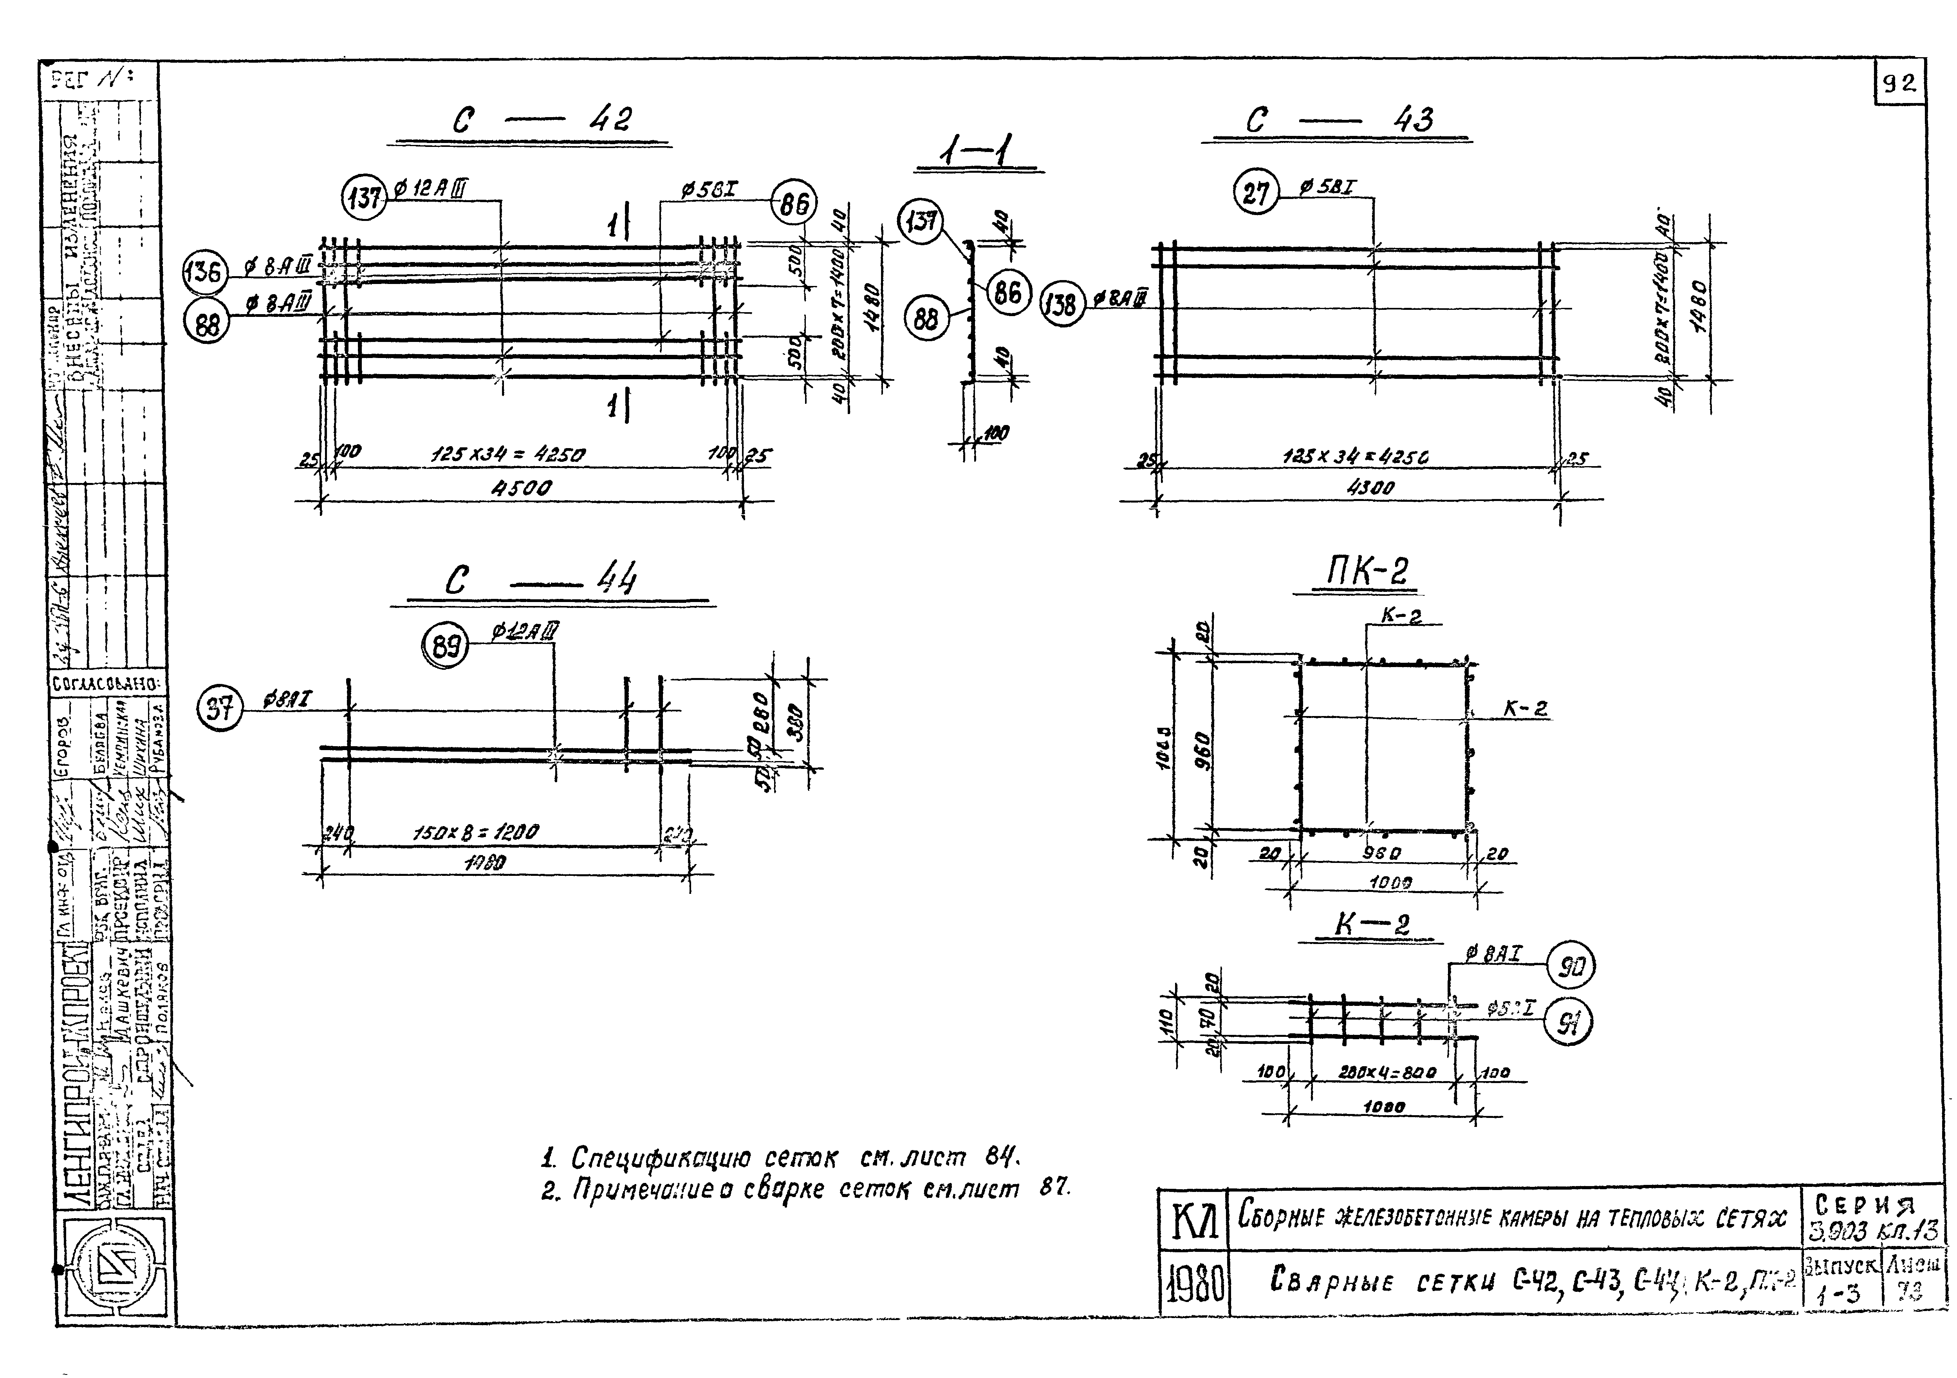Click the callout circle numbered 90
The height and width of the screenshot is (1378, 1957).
pos(1569,966)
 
